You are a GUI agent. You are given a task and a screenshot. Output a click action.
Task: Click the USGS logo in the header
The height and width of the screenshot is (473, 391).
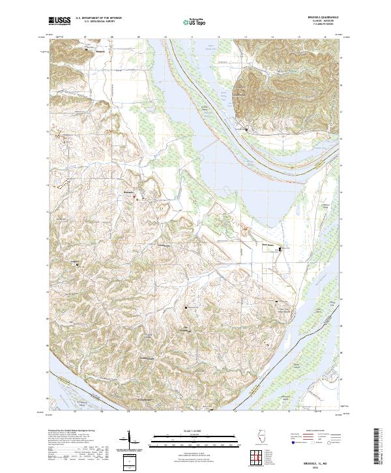59,20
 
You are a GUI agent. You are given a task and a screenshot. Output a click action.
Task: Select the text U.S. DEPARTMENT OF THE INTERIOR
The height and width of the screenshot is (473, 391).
98,18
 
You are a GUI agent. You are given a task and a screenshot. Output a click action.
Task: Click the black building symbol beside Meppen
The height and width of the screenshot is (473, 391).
91,50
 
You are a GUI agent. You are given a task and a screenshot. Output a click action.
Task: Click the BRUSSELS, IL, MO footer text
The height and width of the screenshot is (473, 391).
324,459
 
